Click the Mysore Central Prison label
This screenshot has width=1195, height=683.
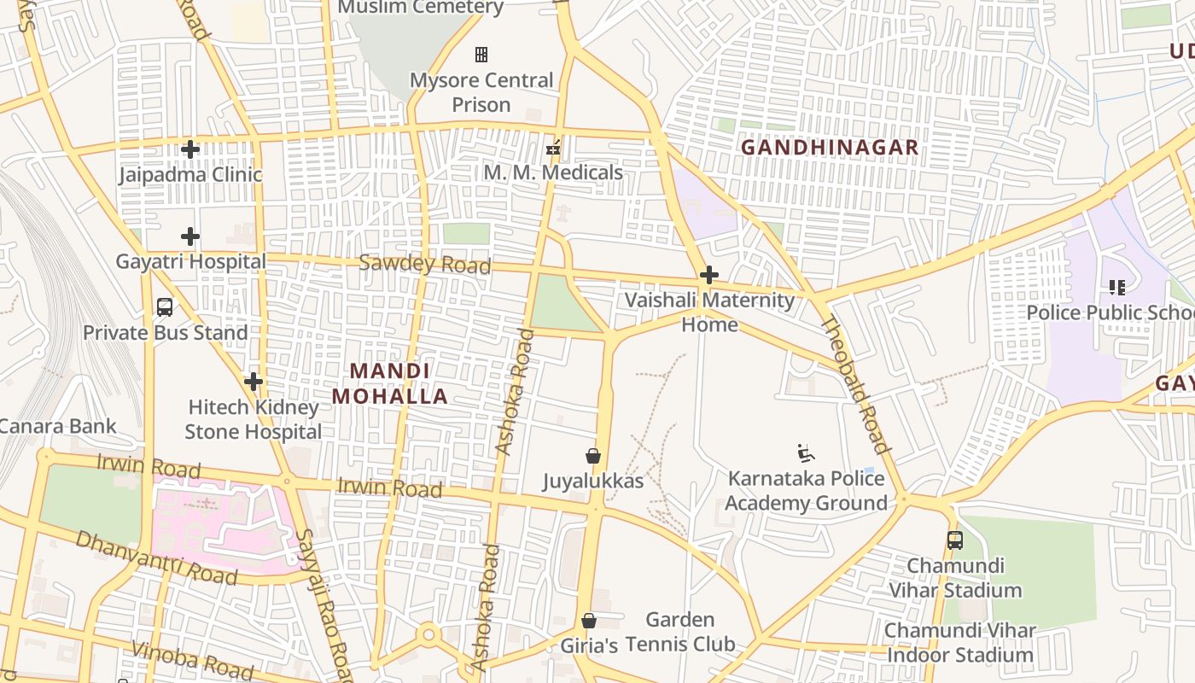click(x=481, y=92)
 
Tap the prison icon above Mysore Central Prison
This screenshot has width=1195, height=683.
click(x=481, y=55)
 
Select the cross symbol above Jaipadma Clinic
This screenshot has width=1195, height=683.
click(x=189, y=149)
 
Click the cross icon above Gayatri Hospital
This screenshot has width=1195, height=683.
click(x=190, y=236)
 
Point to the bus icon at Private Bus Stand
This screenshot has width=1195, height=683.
click(x=165, y=307)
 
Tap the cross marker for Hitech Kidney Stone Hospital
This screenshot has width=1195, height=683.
click(x=254, y=382)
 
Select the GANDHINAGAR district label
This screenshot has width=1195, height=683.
click(x=829, y=148)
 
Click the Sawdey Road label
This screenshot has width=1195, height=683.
click(x=424, y=264)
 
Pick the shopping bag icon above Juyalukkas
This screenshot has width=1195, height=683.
click(x=593, y=456)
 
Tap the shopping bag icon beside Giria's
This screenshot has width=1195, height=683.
click(x=589, y=621)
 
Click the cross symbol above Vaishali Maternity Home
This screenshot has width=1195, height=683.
click(x=708, y=275)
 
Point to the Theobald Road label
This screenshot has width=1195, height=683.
click(x=855, y=385)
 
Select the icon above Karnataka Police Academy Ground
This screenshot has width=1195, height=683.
click(x=805, y=453)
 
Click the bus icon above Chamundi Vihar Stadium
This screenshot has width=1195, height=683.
click(x=954, y=540)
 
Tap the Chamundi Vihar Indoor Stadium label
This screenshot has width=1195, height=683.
click(x=960, y=643)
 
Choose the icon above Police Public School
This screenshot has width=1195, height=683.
click(x=1116, y=288)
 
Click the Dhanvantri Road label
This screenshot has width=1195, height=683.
click(x=156, y=557)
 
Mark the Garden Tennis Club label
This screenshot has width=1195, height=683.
click(x=680, y=632)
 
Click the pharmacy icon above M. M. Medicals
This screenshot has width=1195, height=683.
click(x=553, y=149)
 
